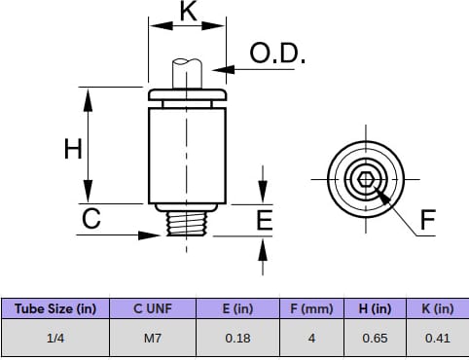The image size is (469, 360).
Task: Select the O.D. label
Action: click(x=277, y=54)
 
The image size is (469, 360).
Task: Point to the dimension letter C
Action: click(x=90, y=219)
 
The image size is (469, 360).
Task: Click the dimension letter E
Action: click(x=264, y=220)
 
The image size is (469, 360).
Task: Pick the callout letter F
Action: click(x=426, y=221)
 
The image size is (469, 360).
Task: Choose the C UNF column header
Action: click(x=152, y=309)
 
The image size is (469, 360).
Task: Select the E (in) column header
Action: click(x=236, y=309)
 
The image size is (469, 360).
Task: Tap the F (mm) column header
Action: click(x=311, y=309)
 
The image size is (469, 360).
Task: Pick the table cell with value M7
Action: click(x=152, y=340)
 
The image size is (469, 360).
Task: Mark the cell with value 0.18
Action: click(x=236, y=340)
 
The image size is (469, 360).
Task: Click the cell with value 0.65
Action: click(x=375, y=340)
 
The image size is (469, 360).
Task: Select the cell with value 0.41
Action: click(x=438, y=340)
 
